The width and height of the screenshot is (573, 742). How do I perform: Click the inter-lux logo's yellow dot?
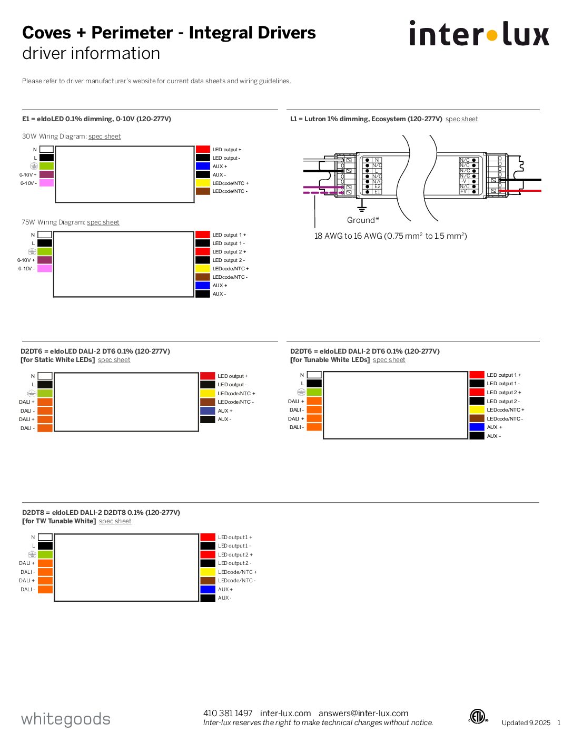tap(491, 36)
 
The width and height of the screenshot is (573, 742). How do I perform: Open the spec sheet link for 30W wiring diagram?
tap(104, 136)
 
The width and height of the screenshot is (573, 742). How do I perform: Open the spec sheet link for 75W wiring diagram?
tap(103, 222)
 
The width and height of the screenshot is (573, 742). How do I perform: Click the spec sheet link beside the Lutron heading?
tap(461, 119)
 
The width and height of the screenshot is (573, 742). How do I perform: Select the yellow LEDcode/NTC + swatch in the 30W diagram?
tap(203, 183)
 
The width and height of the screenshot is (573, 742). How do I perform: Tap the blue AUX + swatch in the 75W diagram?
tap(203, 286)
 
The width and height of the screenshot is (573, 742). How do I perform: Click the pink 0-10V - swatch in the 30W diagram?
tap(46, 183)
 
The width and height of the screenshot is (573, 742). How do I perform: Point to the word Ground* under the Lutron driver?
tap(363, 220)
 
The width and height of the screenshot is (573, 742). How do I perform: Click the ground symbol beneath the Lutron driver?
tap(362, 208)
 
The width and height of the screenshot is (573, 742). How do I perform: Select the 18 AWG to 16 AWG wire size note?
tap(390, 236)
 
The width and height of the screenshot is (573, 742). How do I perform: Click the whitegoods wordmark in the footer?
tap(66, 719)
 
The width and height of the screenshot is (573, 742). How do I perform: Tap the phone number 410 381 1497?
tap(228, 713)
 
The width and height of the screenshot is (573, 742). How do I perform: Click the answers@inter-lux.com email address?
tap(363, 713)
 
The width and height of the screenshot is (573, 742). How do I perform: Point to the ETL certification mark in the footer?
tap(478, 717)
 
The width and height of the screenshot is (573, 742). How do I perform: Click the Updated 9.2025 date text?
tap(526, 723)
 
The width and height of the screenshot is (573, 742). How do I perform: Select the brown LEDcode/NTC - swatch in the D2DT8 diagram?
tap(208, 581)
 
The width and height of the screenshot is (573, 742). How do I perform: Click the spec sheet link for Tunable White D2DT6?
tap(389, 360)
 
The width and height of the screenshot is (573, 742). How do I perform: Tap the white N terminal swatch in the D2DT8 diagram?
tap(45, 538)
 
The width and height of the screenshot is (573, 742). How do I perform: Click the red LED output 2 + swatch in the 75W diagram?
tap(203, 252)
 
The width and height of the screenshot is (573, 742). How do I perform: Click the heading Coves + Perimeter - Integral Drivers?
tap(169, 33)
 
